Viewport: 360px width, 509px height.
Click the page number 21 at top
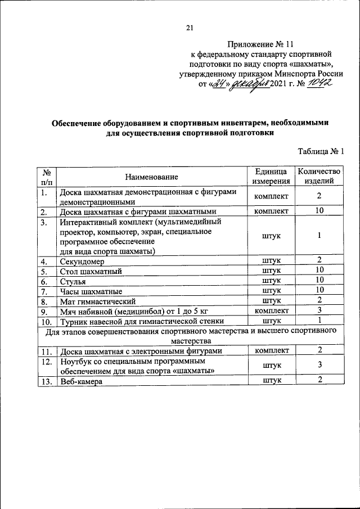[x=189, y=29]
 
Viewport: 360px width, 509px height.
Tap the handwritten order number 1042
[x=319, y=83]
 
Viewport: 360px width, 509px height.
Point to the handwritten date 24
[x=218, y=84]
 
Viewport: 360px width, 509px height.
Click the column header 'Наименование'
[x=151, y=177]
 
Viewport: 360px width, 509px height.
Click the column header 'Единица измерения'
[x=271, y=177]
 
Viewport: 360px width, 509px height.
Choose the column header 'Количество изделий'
[x=319, y=177]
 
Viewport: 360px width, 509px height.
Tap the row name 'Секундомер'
[x=82, y=261]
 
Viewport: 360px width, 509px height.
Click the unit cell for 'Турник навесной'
[x=271, y=321]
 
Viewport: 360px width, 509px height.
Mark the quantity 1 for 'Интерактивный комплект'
[x=319, y=236]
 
